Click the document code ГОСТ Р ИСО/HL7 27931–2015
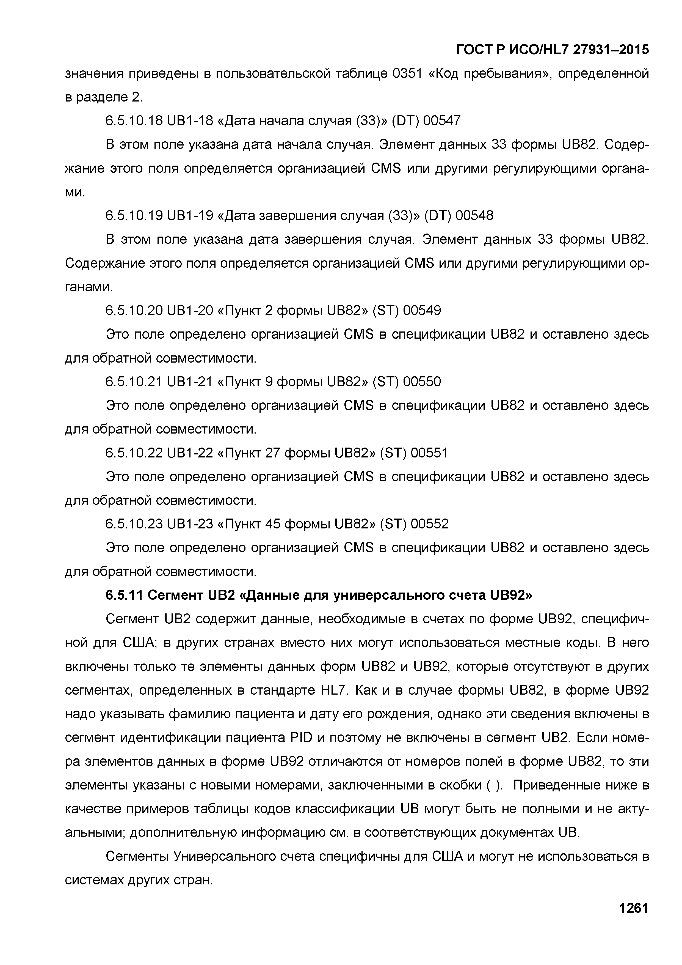tap(553, 50)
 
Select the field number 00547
tap(442, 121)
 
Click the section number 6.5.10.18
tap(134, 121)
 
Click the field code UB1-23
tap(190, 524)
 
